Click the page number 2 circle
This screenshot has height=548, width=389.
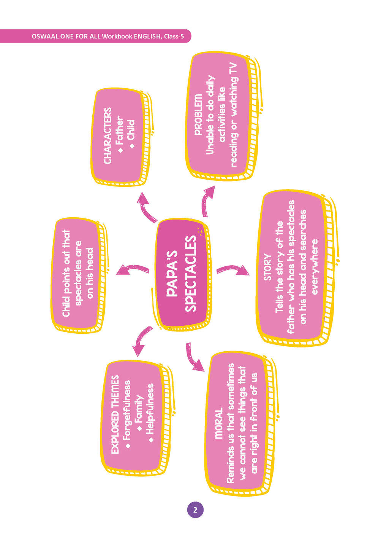coord(195,510)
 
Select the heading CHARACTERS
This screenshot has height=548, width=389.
coord(108,136)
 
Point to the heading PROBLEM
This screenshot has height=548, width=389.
coord(198,115)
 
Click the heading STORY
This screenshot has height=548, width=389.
coord(267,268)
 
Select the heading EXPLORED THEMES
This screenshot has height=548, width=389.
coord(115,415)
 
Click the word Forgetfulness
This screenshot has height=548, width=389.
coord(127,410)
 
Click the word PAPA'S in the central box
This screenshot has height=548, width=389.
coord(172,273)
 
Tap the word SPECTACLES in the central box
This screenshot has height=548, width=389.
coord(191,274)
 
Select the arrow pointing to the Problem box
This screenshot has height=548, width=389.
coord(207,200)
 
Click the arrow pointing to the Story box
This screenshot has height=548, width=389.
coord(232,269)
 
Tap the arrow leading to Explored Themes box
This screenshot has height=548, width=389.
coord(141,340)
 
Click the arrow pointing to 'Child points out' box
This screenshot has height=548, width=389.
coord(132,269)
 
